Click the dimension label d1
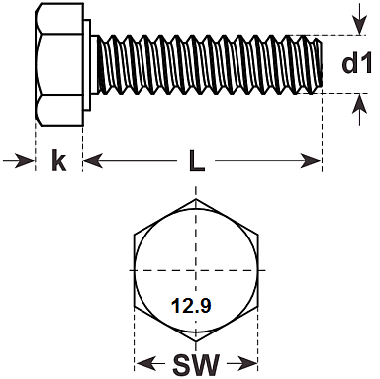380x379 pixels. pos(357,63)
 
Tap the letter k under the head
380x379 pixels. pos(59,160)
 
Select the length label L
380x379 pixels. pos(197,160)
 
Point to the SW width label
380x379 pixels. pos(196,365)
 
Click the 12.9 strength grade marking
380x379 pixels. pos(191,305)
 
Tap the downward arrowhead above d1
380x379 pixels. pos(360,26)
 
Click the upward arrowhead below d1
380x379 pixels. pos(360,103)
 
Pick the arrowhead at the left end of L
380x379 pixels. pos(93,160)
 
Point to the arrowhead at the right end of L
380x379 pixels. pos(311,160)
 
